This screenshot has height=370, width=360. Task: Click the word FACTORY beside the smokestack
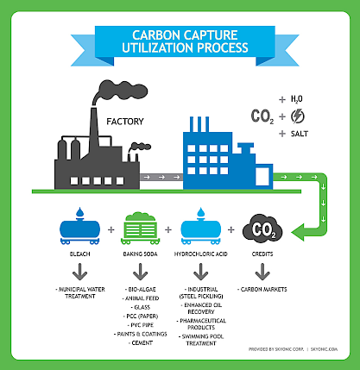click(x=125, y=122)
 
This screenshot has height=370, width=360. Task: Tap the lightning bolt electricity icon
click(x=297, y=116)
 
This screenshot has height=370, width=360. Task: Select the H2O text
click(x=296, y=99)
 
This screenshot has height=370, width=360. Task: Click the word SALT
click(x=300, y=134)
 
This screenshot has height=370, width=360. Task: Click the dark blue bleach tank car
click(x=79, y=227)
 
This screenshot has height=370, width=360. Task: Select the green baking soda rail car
click(x=141, y=229)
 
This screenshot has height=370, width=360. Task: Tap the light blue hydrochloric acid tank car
click(x=201, y=227)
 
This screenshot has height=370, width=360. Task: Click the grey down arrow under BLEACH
click(x=79, y=272)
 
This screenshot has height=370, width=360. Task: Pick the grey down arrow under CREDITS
click(x=262, y=272)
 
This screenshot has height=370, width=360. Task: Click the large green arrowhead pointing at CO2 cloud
click(x=301, y=232)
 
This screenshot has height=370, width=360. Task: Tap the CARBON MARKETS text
click(x=262, y=290)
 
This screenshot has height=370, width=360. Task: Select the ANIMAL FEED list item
click(x=141, y=298)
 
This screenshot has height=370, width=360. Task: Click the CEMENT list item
click(x=141, y=343)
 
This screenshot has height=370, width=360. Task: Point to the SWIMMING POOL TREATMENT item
click(x=201, y=340)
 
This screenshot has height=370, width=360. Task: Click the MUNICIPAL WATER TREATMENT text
click(x=80, y=292)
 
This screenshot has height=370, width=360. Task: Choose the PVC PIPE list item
click(x=141, y=325)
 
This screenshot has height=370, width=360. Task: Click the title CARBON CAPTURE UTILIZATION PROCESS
click(x=185, y=41)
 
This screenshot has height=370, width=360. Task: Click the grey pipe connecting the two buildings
click(x=161, y=177)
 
